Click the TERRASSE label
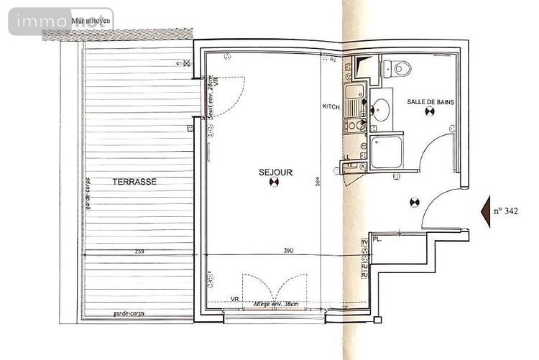134,183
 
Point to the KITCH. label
331,107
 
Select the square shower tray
387,153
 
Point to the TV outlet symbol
364,243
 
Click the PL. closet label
377,240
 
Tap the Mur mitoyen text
91,20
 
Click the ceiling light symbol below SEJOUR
273,183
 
